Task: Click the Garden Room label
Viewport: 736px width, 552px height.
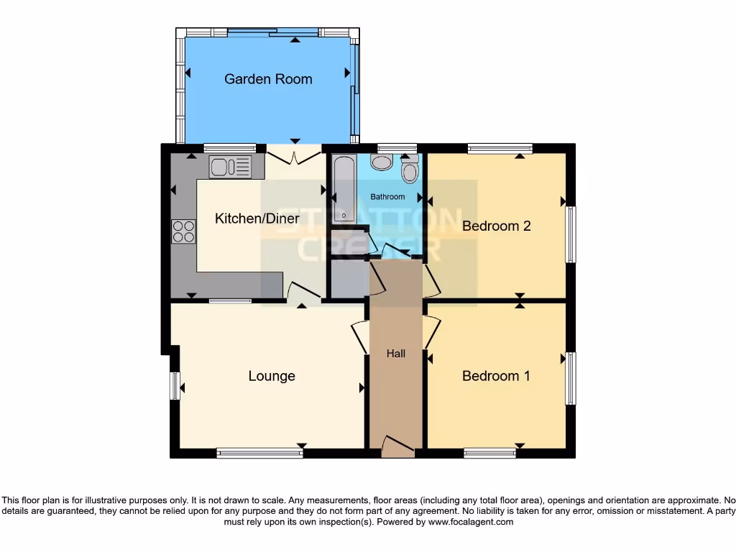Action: coord(268,79)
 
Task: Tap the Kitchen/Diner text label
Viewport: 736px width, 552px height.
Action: coord(257,218)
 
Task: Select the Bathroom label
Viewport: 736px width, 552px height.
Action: coord(387,197)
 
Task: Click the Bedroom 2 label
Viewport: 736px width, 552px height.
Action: coord(496,226)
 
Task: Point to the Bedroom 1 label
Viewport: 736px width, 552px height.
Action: coord(496,376)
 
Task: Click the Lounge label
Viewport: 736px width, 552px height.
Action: coord(272,376)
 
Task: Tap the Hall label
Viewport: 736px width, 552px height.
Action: coord(395,354)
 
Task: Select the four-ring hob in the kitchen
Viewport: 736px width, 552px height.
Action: coord(183,231)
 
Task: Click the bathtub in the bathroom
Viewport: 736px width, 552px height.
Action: coord(344,188)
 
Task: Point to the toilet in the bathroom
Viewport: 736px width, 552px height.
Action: coord(410,170)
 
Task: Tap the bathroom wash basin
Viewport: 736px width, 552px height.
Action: coord(382,162)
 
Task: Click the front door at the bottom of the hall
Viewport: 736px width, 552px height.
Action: coord(397,447)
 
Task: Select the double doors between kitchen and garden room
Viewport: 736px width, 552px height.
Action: coord(294,154)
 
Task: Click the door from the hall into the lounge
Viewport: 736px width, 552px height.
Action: coord(360,336)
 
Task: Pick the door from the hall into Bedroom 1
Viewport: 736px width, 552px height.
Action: coord(431,332)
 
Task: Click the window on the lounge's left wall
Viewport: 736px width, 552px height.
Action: coord(175,386)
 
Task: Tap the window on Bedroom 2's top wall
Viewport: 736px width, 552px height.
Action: coord(500,149)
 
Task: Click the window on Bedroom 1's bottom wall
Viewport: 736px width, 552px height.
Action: coord(489,453)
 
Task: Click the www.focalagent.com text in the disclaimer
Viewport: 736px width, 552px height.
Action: coord(470,523)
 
